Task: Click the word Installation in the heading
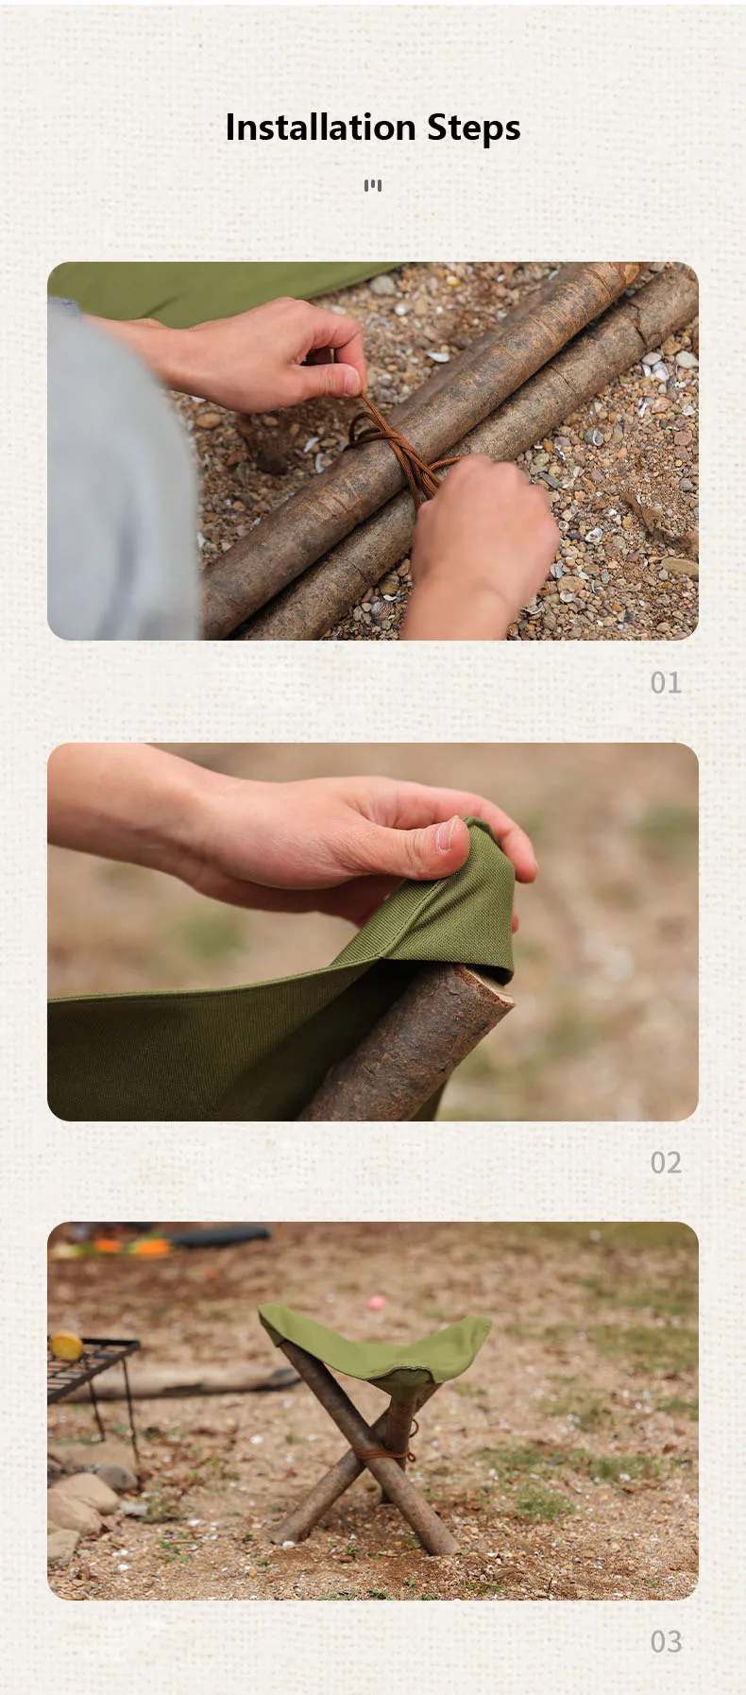320,128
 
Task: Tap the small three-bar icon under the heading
373,186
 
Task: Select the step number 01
666,682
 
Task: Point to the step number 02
666,1162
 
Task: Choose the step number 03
666,1642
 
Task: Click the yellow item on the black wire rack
66,1345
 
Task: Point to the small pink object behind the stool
376,1302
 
